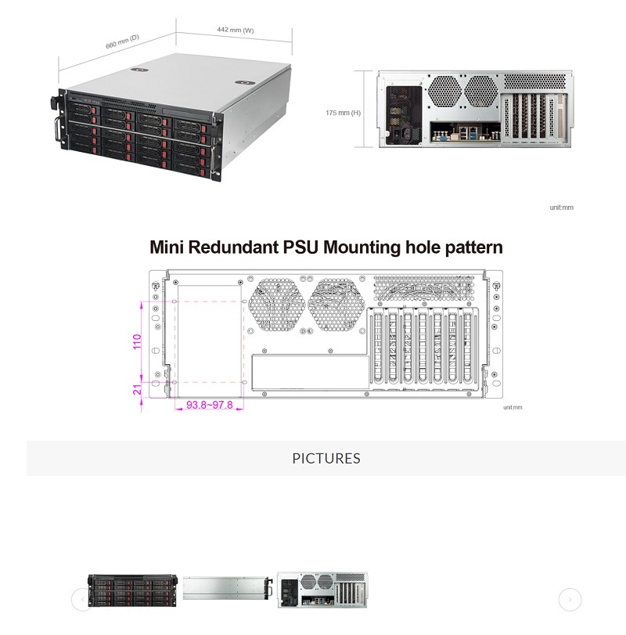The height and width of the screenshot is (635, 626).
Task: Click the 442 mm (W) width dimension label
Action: [236, 30]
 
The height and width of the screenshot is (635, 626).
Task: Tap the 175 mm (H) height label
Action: [343, 113]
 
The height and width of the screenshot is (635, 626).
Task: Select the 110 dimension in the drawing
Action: [138, 341]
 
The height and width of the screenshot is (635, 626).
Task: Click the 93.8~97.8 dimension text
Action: [209, 406]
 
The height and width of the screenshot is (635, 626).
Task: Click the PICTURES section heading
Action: [326, 458]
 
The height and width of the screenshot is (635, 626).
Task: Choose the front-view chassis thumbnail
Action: [128, 591]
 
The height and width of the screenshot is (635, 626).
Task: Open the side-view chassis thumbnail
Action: [228, 590]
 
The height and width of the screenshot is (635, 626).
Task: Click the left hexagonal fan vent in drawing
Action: [275, 303]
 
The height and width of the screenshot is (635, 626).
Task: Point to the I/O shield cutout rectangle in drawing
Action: [310, 372]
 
